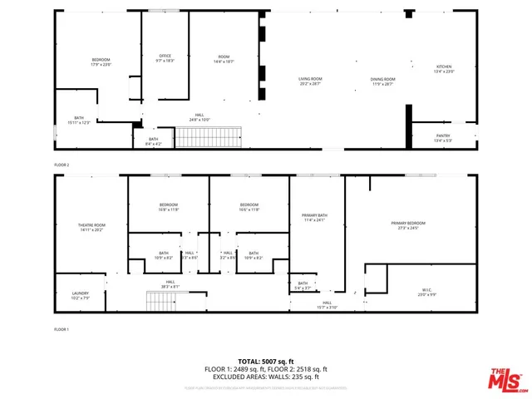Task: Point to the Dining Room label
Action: pyautogui.click(x=382, y=81)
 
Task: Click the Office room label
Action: pyautogui.click(x=165, y=58)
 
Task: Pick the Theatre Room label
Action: pyautogui.click(x=92, y=227)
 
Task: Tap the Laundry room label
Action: pyautogui.click(x=80, y=294)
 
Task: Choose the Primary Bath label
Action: pyautogui.click(x=315, y=218)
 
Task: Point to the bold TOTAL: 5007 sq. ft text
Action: pyautogui.click(x=266, y=361)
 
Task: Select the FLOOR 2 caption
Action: pyautogui.click(x=62, y=165)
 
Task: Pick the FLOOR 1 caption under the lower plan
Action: pyautogui.click(x=62, y=330)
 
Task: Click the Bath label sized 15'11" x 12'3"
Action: pyautogui.click(x=79, y=121)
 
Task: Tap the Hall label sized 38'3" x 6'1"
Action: pyautogui.click(x=170, y=284)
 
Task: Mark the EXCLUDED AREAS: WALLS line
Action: pyautogui.click(x=266, y=376)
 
